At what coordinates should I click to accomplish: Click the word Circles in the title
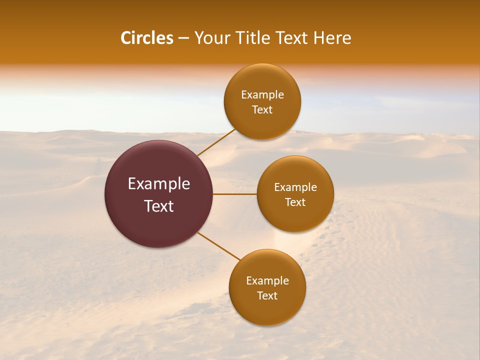[x=146, y=38]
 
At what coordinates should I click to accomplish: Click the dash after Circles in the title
[x=183, y=38]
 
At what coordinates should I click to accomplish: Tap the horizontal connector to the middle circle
[x=235, y=194]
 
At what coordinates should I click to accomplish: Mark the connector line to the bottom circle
[x=218, y=246]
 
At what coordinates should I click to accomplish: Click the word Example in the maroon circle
[x=159, y=184]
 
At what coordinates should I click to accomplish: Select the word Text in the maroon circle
[x=159, y=206]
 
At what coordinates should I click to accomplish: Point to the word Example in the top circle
[x=262, y=94]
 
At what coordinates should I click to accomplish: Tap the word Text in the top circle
[x=262, y=109]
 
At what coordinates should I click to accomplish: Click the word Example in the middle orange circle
[x=295, y=187]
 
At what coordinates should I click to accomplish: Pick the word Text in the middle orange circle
[x=295, y=202]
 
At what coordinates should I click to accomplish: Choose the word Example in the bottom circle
[x=267, y=280]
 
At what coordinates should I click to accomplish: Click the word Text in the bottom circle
[x=267, y=295]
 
